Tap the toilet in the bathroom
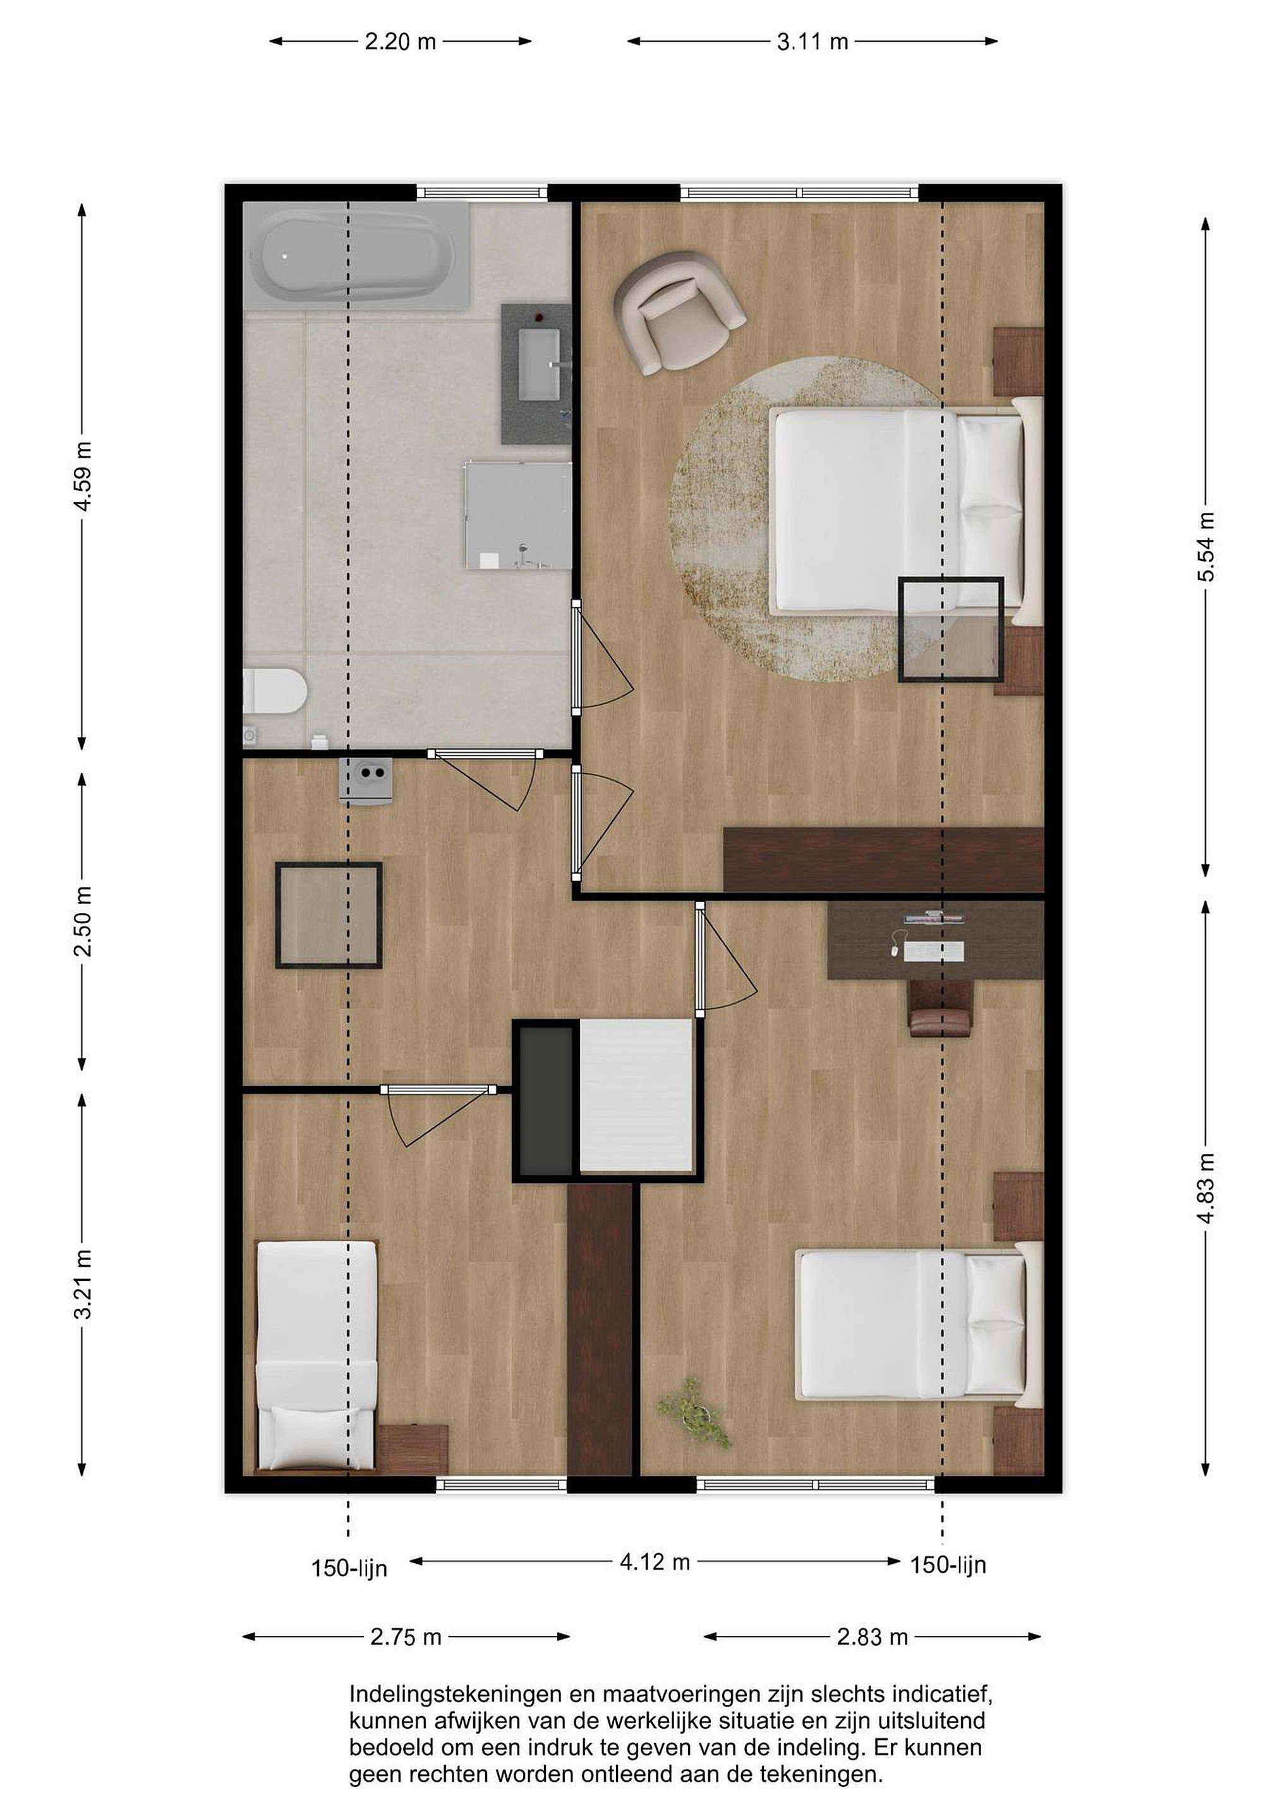pos(274,690)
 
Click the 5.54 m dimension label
pos(1205,547)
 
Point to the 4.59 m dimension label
pos(82,476)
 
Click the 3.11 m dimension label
pos(813,42)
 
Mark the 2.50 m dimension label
pos(82,922)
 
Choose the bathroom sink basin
pos(539,364)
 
